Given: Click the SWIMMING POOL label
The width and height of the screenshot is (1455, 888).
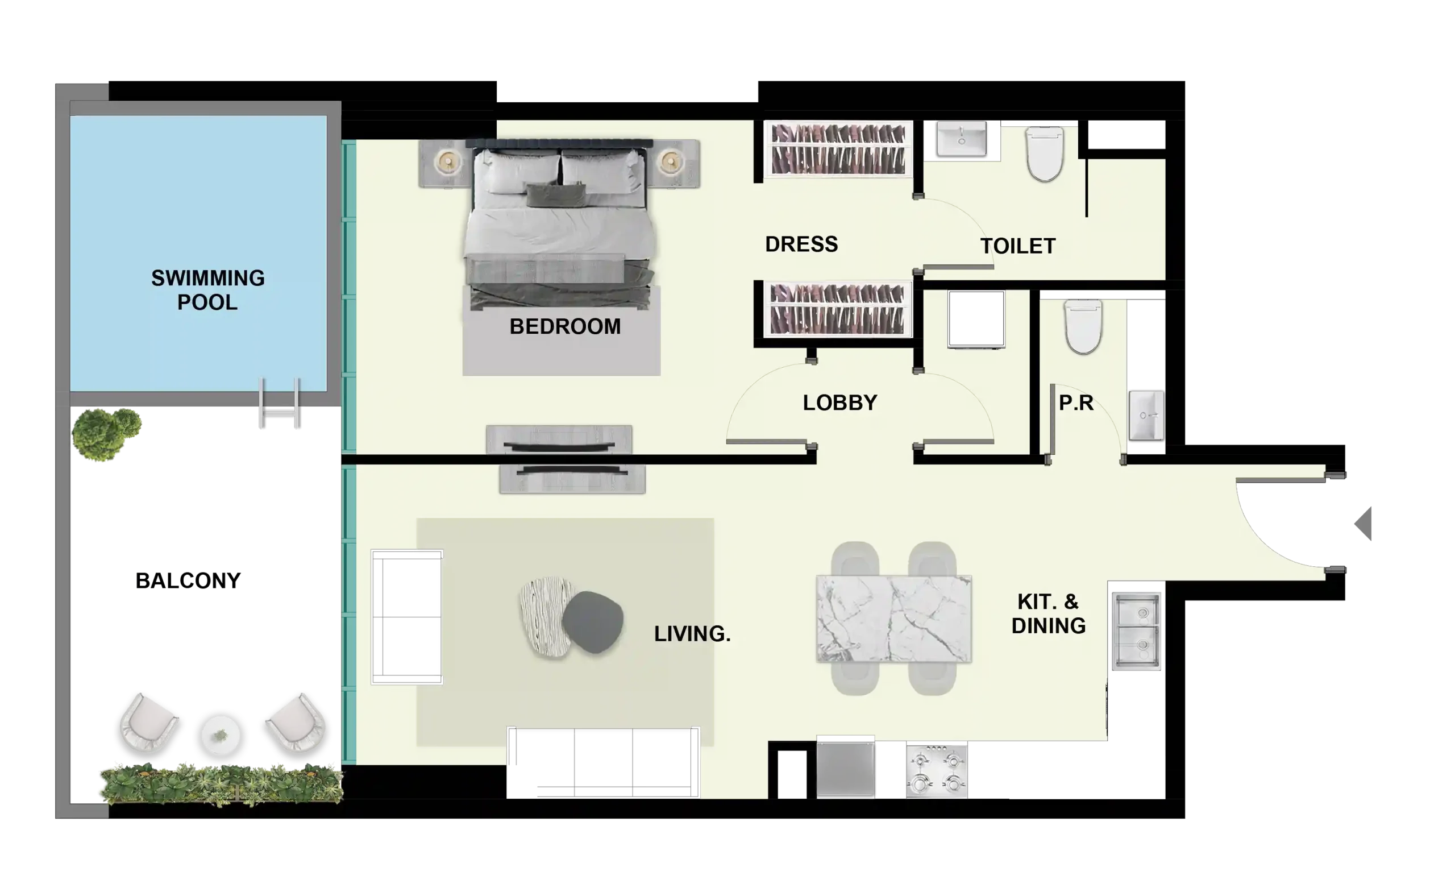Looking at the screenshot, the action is pyautogui.click(x=208, y=290).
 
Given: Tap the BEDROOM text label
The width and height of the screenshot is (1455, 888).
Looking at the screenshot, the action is pyautogui.click(x=565, y=327).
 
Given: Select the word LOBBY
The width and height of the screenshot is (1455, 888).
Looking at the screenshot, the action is pyautogui.click(x=839, y=403).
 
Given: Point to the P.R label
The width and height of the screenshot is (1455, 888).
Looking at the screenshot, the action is pyautogui.click(x=1076, y=403).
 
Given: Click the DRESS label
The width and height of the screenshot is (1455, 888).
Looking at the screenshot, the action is pyautogui.click(x=801, y=244).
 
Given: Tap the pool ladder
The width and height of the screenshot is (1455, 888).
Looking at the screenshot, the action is pyautogui.click(x=280, y=403).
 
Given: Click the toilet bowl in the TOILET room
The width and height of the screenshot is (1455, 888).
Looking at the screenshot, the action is pyautogui.click(x=1045, y=153).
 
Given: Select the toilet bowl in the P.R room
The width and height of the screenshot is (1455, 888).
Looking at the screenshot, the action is pyautogui.click(x=1083, y=327).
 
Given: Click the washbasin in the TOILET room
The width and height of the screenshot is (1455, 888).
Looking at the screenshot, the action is pyautogui.click(x=961, y=139).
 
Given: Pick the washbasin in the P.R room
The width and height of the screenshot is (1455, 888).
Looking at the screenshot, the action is pyautogui.click(x=1146, y=415).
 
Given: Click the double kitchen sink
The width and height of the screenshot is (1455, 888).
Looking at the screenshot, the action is pyautogui.click(x=1136, y=632).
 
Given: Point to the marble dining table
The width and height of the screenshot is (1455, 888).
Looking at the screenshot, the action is pyautogui.click(x=894, y=619).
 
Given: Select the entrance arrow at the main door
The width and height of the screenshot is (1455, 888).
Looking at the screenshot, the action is pyautogui.click(x=1363, y=524).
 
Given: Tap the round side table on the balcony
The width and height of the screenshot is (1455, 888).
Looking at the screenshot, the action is pyautogui.click(x=221, y=736).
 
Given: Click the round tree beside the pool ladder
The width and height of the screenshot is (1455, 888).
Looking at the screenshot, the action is pyautogui.click(x=106, y=434).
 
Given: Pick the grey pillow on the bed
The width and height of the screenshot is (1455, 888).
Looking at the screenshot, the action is pyautogui.click(x=556, y=196).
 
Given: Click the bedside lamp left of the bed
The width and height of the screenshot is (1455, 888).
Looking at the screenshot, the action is pyautogui.click(x=448, y=161).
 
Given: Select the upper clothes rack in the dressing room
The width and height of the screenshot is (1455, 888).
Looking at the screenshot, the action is pyautogui.click(x=838, y=150).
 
